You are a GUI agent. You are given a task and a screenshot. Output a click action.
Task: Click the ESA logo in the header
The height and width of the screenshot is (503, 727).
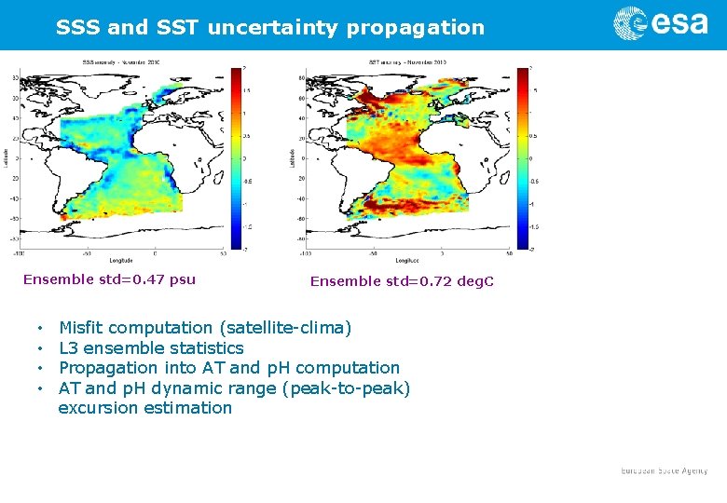[x=660, y=23]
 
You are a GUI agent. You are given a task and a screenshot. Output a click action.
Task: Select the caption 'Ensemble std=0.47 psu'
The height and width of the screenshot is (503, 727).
[x=109, y=279]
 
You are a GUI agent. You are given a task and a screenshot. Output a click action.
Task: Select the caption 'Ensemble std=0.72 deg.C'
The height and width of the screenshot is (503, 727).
[x=402, y=281]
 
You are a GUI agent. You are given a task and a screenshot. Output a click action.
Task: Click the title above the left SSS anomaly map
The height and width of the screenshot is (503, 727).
[x=121, y=61]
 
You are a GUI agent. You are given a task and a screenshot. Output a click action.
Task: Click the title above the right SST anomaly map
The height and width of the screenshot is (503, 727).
[x=407, y=61]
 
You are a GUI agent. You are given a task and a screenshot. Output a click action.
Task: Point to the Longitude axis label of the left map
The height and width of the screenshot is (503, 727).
[x=121, y=260]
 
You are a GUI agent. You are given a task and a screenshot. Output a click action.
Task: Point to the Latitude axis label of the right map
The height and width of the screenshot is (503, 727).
[x=294, y=157]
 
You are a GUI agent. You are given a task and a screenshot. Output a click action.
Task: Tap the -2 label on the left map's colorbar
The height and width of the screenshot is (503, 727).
[x=244, y=249]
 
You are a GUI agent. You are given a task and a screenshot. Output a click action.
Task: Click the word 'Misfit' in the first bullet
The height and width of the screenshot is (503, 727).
[x=83, y=328]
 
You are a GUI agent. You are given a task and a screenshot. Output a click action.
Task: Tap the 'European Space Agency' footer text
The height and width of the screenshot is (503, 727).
[x=665, y=471]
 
